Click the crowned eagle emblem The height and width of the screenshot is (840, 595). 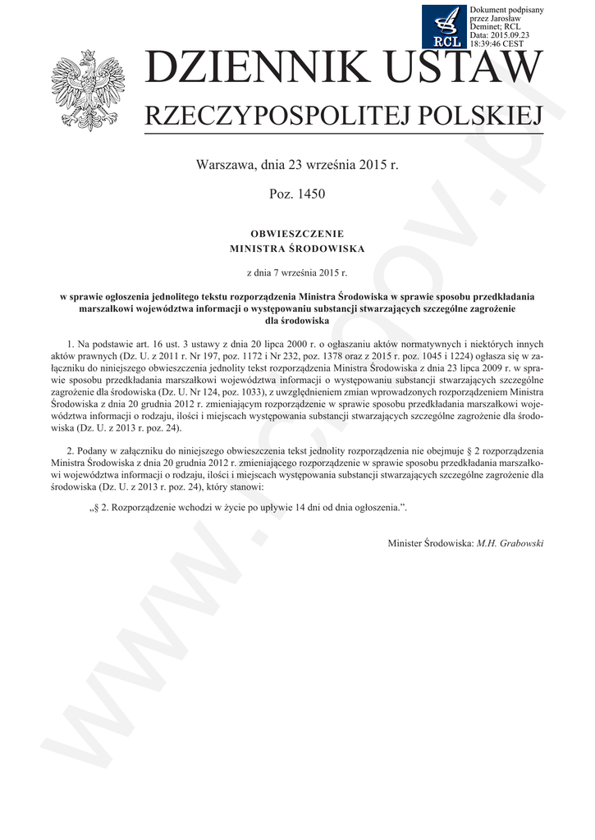[85, 89]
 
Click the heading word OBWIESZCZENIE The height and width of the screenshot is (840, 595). [297, 234]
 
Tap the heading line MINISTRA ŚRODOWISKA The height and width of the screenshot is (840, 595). [297, 247]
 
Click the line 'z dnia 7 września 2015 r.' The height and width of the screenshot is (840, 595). [297, 270]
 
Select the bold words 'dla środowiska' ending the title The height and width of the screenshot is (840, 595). [297, 321]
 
